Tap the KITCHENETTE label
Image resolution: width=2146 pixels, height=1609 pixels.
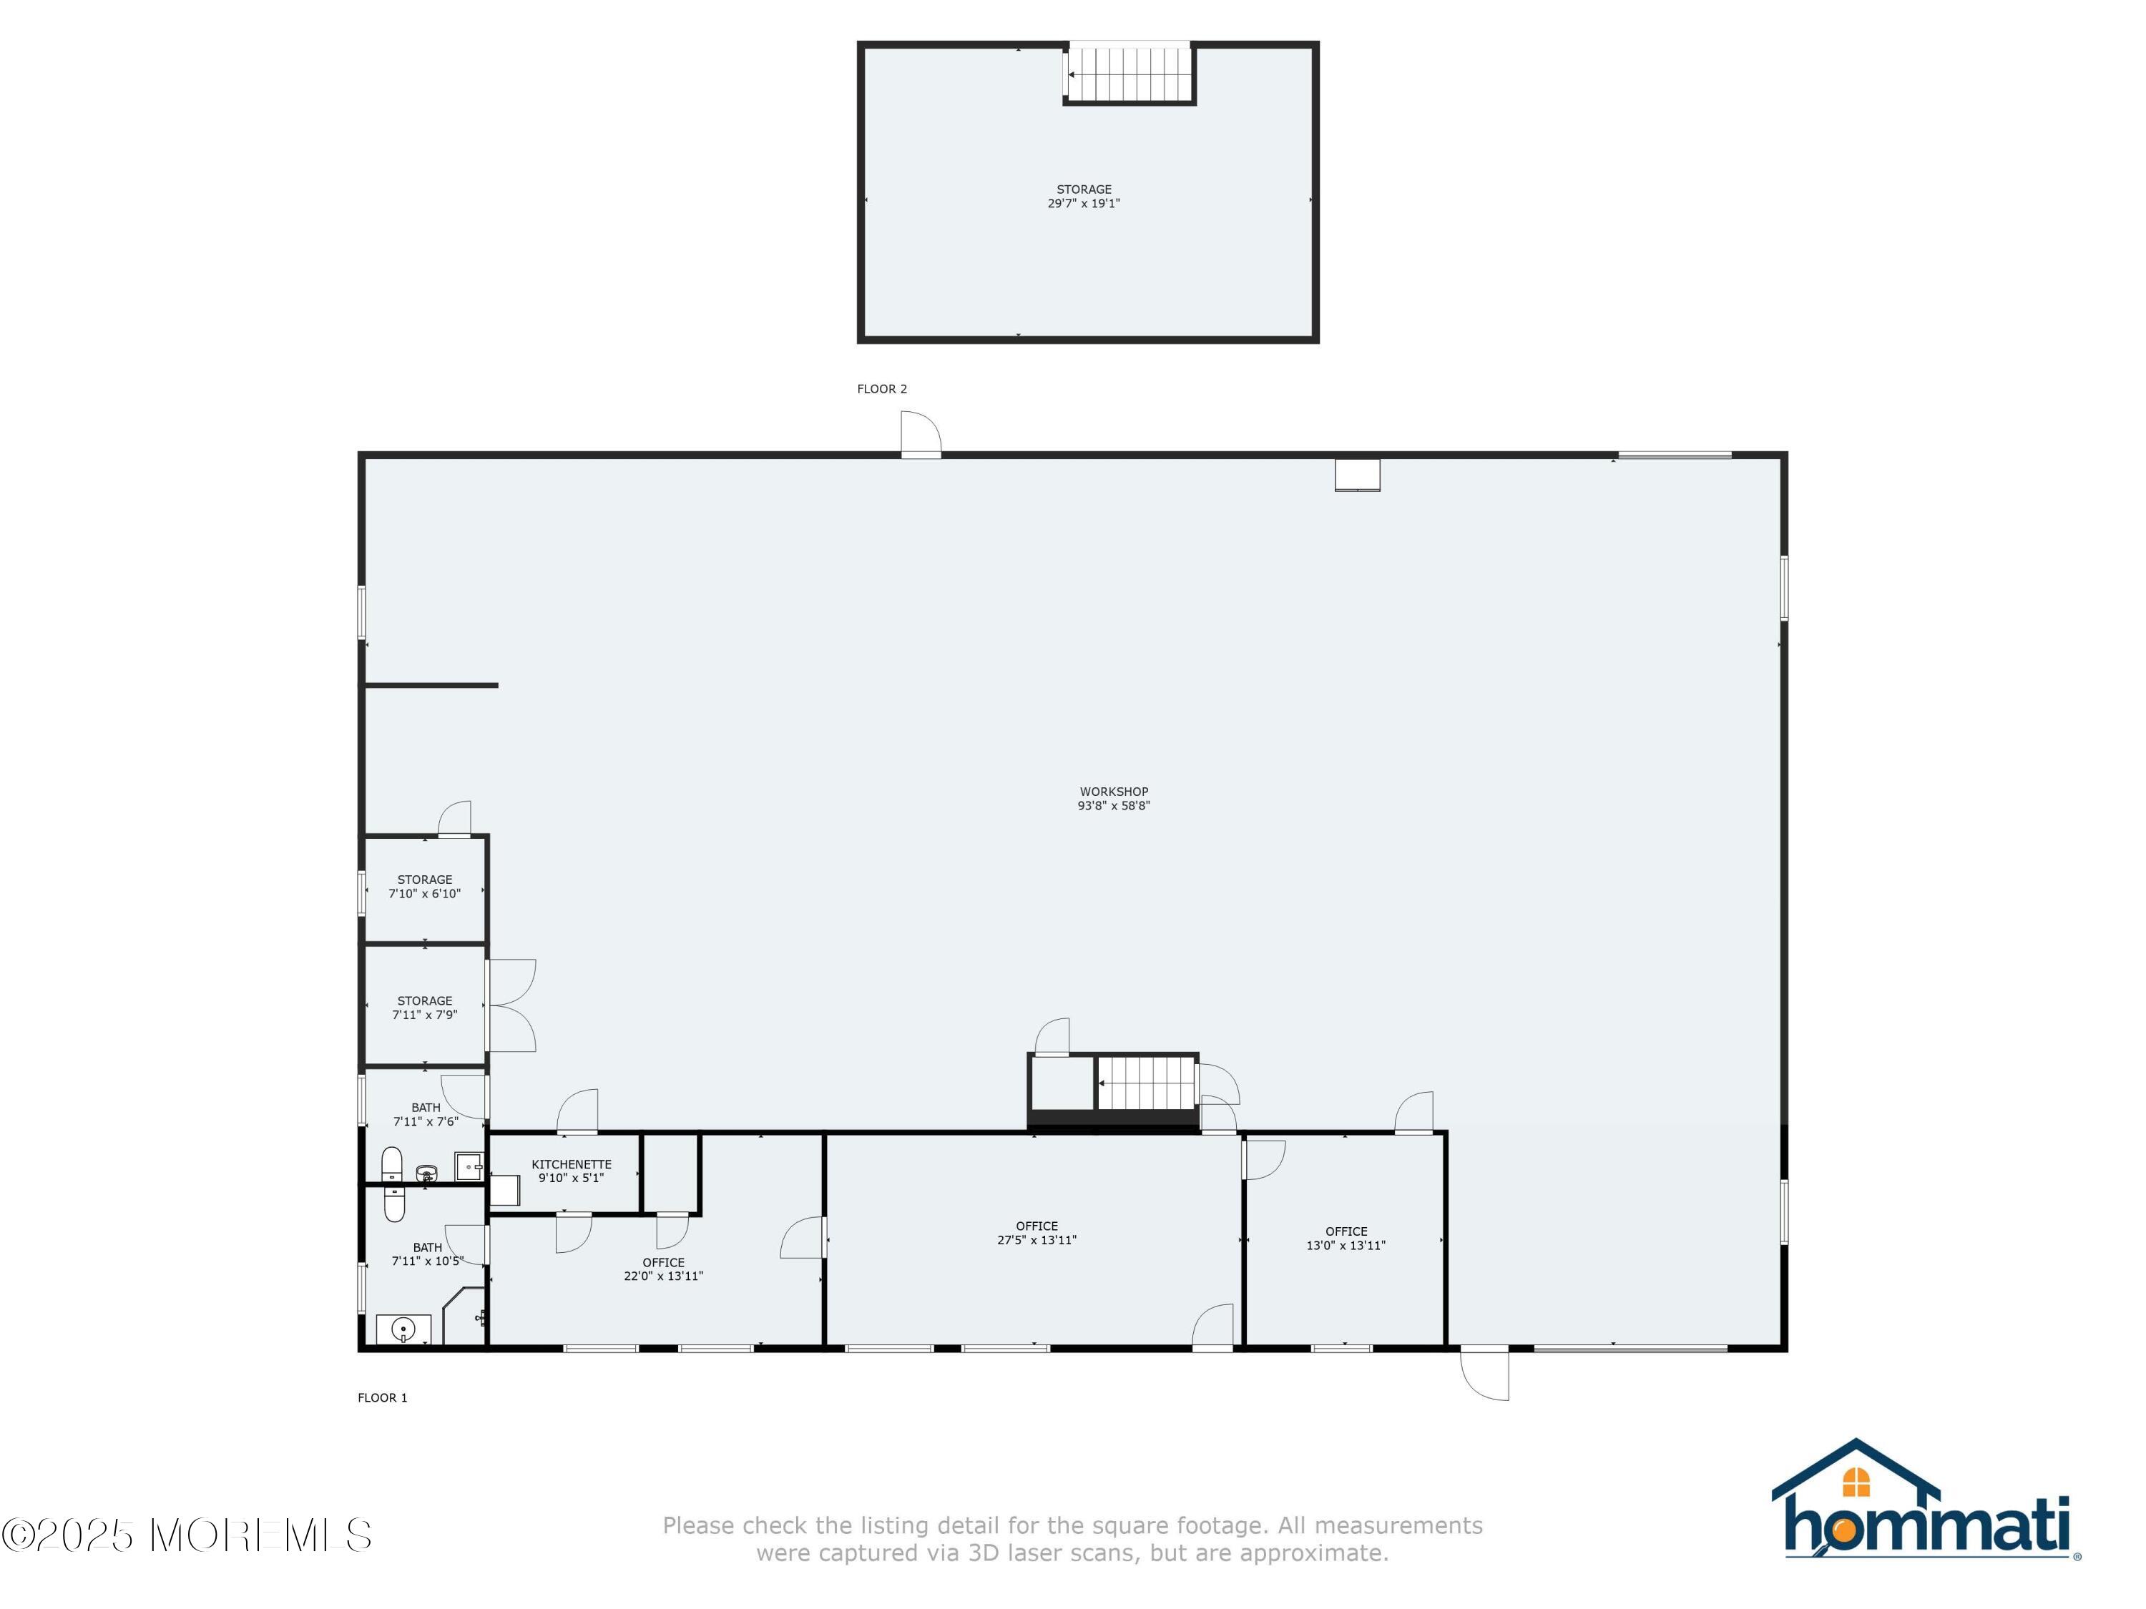pyautogui.click(x=572, y=1163)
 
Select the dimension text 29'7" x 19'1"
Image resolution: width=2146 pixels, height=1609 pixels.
pyautogui.click(x=1084, y=204)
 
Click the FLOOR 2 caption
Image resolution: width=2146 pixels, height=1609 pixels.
pyautogui.click(x=882, y=389)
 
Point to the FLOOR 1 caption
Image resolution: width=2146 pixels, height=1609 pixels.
pyautogui.click(x=382, y=1397)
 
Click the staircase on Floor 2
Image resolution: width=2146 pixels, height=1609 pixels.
pyautogui.click(x=1130, y=73)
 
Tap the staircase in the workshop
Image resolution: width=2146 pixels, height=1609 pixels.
pyautogui.click(x=1146, y=1083)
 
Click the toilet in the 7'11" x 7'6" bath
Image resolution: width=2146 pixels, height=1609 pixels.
pyautogui.click(x=392, y=1163)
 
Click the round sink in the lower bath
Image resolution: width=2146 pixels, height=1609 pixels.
pyautogui.click(x=403, y=1329)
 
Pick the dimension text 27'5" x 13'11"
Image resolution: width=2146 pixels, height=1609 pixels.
pyautogui.click(x=1037, y=1239)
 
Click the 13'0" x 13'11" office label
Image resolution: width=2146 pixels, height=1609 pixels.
pyautogui.click(x=1346, y=1238)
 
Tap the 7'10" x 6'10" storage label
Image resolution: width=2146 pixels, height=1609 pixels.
pyautogui.click(x=425, y=887)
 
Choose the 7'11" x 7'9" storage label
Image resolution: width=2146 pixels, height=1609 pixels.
pyautogui.click(x=425, y=1008)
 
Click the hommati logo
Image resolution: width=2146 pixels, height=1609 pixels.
pyautogui.click(x=1926, y=1500)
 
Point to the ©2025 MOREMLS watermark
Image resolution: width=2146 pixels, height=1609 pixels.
pyautogui.click(x=186, y=1535)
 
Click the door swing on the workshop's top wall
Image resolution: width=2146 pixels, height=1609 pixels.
pyautogui.click(x=921, y=433)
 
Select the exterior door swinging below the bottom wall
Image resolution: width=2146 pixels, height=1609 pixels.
pyautogui.click(x=1485, y=1373)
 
